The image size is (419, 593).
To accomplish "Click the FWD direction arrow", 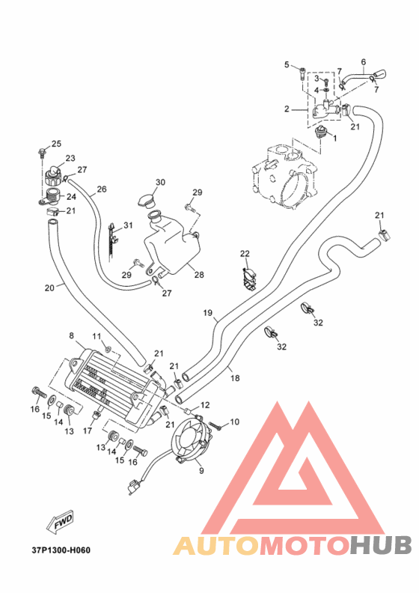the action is [x=60, y=523].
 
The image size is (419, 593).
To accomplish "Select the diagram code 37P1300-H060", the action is [x=61, y=550].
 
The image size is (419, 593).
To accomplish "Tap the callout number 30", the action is [x=160, y=182].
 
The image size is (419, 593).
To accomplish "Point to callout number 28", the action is [x=199, y=275].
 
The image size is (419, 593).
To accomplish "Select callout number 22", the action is [x=245, y=253].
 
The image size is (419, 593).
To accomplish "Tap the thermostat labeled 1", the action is [x=320, y=133].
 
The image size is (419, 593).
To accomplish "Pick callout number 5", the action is [x=287, y=64].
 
